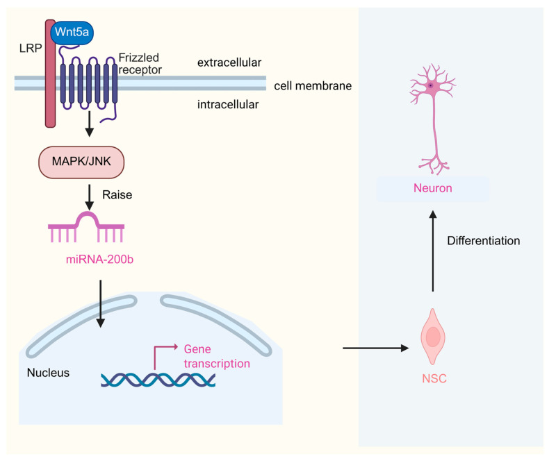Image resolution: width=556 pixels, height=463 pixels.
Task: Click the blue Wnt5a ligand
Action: [72, 33]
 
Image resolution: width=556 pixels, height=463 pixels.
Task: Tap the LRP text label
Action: [31, 48]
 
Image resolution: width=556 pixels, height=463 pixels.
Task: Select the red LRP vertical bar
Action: [50, 74]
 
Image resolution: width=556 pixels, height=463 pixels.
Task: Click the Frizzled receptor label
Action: [140, 63]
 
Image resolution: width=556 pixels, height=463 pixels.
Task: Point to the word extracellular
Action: [229, 62]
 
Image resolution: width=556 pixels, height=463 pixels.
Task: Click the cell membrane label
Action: [313, 85]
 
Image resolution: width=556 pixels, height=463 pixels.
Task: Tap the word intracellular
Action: [228, 105]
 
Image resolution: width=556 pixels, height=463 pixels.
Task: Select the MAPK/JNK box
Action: [81, 162]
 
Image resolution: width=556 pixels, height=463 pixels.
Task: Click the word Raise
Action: [117, 195]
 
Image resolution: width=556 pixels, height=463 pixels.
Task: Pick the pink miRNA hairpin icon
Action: [86, 227]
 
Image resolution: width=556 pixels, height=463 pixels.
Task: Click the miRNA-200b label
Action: [99, 260]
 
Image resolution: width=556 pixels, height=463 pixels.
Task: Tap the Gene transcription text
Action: [217, 356]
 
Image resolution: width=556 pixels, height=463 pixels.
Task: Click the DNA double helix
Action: [158, 380]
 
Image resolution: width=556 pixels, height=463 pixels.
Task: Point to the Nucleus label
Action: [48, 373]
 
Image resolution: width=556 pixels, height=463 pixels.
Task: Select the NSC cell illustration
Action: [432, 337]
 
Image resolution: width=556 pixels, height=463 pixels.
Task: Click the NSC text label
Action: [434, 379]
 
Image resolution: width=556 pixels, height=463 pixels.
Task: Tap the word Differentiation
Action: [483, 241]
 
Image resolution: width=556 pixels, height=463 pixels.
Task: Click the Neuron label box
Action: [432, 188]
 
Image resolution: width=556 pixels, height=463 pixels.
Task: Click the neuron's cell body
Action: [431, 86]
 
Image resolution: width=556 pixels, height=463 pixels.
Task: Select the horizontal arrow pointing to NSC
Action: [375, 348]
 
